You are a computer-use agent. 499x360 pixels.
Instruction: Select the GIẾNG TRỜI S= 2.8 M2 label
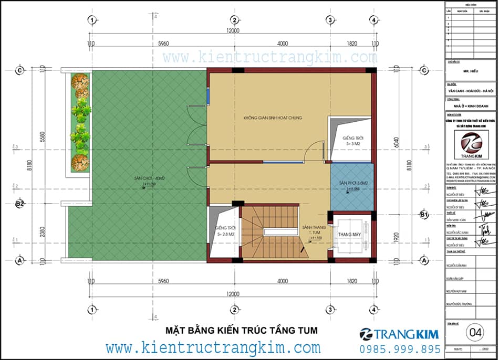click(x=225, y=231)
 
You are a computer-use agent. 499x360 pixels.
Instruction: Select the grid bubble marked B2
click(x=20, y=203)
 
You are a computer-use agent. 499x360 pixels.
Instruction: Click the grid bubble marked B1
click(x=424, y=214)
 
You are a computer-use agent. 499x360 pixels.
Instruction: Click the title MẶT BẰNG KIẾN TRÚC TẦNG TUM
click(x=242, y=330)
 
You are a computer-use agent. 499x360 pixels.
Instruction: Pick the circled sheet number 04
click(x=476, y=332)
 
